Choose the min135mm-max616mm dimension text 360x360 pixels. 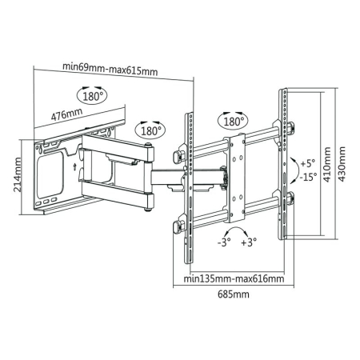point(233,278)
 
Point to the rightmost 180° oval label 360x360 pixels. point(231,121)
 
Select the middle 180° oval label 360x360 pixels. point(150,129)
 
